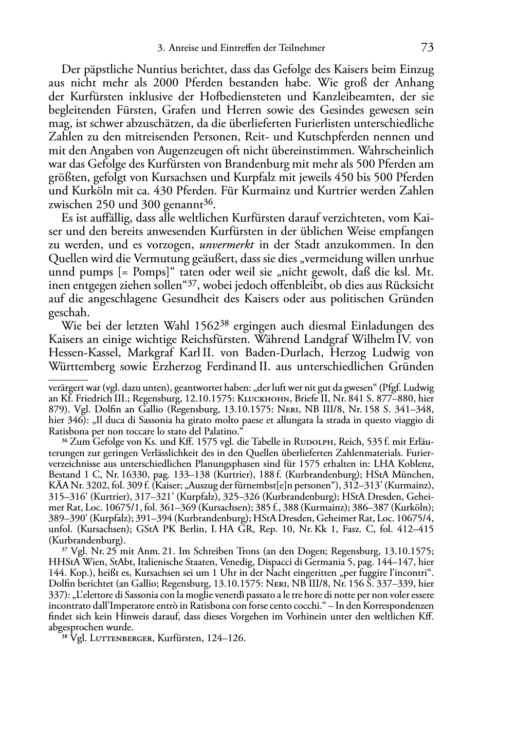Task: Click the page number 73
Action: click(x=427, y=48)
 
